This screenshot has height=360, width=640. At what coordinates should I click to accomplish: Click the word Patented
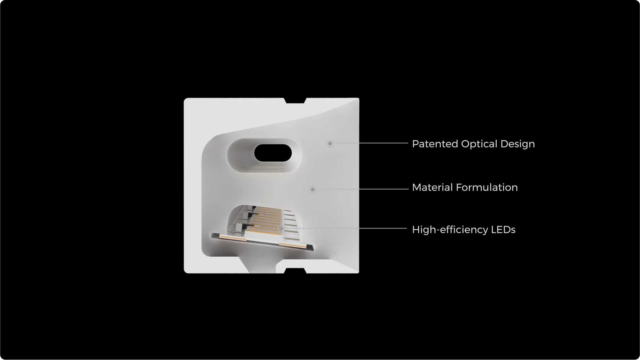pos(435,144)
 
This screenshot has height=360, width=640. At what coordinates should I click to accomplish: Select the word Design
pos(518,144)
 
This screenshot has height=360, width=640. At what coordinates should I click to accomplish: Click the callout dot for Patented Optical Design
pos(330,143)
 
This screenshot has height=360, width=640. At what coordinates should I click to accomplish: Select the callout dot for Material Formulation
pos(313,189)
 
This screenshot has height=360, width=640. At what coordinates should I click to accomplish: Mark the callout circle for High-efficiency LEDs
pos(280,228)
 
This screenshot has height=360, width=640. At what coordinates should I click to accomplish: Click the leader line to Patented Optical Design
pos(371,143)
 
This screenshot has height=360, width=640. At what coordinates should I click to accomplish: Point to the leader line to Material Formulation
pos(362,189)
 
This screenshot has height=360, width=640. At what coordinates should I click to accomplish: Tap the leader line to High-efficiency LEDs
pos(345,228)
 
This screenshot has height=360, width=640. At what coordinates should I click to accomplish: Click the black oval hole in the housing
pos(273,153)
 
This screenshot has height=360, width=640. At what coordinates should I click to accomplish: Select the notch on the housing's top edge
pos(296,100)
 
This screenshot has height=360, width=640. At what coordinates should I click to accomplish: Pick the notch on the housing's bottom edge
pos(296,271)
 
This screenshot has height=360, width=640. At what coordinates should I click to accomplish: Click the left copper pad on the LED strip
pos(233,237)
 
